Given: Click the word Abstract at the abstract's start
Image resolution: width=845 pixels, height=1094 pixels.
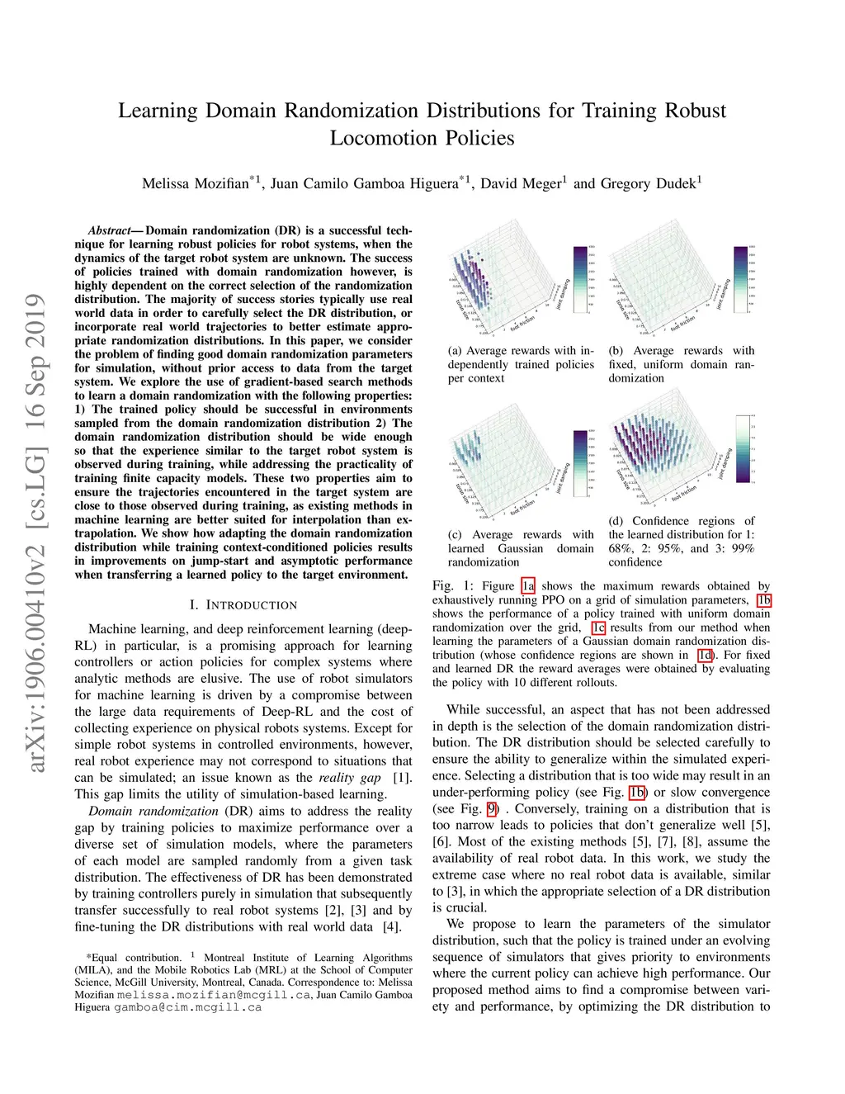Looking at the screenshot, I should click(x=110, y=230).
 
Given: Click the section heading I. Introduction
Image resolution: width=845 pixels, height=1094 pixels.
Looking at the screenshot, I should click(x=243, y=605).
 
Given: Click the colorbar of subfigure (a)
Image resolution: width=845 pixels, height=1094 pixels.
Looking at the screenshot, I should click(x=582, y=279).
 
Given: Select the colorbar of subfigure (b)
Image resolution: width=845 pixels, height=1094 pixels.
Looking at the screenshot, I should click(x=740, y=279).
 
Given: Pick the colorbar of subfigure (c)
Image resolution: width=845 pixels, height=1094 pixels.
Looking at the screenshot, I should click(x=581, y=462).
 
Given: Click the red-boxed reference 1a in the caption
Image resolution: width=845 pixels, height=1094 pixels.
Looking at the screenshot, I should click(x=528, y=586).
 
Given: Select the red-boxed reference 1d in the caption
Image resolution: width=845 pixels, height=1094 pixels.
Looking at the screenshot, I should click(x=706, y=655).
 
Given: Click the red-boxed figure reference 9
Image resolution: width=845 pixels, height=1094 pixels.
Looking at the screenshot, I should click(x=492, y=808).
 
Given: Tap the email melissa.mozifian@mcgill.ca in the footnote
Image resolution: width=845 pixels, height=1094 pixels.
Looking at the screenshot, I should click(x=214, y=995).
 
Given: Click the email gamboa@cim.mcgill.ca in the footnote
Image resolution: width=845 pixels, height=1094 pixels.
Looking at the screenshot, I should click(x=187, y=1007).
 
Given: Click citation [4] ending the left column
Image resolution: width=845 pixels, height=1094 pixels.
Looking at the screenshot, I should click(x=392, y=926).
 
